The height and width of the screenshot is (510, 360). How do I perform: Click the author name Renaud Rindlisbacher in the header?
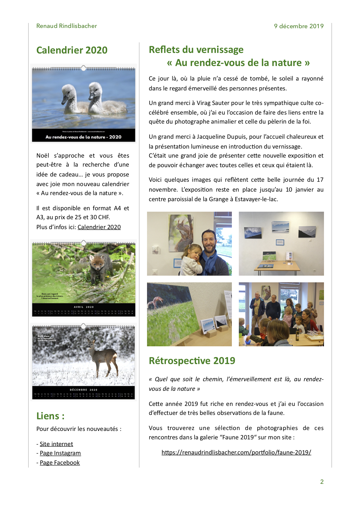[67, 26]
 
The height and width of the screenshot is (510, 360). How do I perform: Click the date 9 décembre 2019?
[298, 26]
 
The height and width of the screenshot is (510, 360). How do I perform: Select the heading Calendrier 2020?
[72, 50]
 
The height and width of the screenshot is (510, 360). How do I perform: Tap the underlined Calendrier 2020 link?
[99, 227]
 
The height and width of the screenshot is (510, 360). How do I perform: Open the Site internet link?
[56, 444]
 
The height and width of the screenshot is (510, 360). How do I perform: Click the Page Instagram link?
[60, 453]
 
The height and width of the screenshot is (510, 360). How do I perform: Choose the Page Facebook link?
[60, 463]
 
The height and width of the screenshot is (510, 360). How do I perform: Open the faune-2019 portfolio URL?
[236, 452]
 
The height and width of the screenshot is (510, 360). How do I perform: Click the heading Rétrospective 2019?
[192, 361]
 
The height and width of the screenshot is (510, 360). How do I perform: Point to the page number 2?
[322, 482]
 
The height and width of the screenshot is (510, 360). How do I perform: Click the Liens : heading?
[50, 416]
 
